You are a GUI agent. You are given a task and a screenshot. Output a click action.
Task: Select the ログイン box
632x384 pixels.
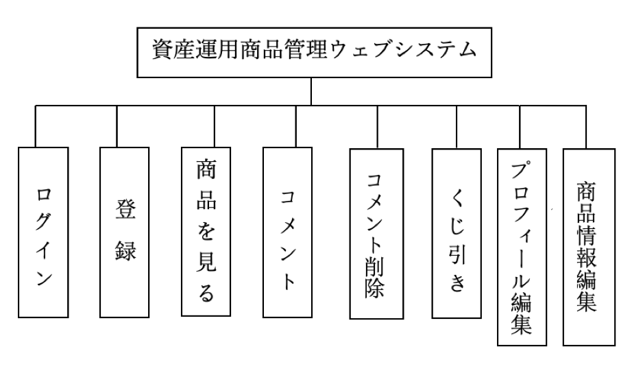click(x=44, y=232)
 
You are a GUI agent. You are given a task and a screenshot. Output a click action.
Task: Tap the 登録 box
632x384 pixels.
click(x=124, y=232)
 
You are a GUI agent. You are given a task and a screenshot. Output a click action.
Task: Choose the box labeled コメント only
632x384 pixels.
click(x=288, y=232)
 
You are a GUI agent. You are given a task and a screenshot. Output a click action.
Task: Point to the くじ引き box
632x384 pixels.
click(x=457, y=233)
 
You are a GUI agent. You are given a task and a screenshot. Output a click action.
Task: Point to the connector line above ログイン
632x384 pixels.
click(x=36, y=126)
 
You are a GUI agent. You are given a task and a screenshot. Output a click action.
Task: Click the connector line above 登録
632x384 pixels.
click(x=117, y=126)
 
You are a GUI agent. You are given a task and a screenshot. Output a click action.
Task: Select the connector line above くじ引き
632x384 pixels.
click(x=451, y=126)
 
